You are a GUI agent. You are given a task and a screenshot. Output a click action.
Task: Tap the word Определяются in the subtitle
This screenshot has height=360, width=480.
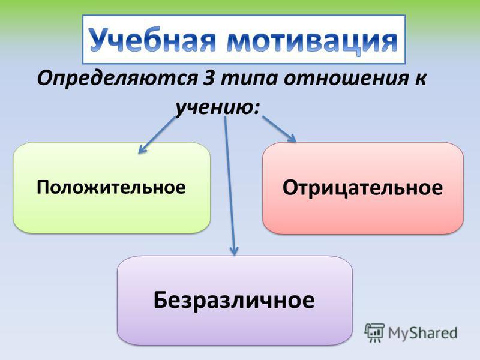pyautogui.click(x=117, y=79)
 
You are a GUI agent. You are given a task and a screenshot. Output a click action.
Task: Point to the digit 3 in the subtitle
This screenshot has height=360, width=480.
pyautogui.click(x=209, y=79)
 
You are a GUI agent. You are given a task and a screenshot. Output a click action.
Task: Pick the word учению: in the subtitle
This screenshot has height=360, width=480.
pyautogui.click(x=217, y=108)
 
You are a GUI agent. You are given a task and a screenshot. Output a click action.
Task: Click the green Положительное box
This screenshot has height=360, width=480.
pyautogui.click(x=112, y=188)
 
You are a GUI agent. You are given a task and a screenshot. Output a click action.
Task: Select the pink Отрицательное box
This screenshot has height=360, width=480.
pyautogui.click(x=363, y=188)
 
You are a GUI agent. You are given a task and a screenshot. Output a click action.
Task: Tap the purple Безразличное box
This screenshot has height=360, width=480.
pyautogui.click(x=235, y=301)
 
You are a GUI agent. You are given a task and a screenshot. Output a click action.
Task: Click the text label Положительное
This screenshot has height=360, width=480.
pyautogui.click(x=111, y=187)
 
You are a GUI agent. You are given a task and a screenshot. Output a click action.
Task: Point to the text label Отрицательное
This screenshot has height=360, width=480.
pyautogui.click(x=362, y=187)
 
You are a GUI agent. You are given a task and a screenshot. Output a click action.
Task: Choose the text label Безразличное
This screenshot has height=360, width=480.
pyautogui.click(x=234, y=299)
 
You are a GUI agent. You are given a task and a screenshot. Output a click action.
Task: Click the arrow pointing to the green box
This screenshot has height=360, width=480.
pyautogui.click(x=157, y=134)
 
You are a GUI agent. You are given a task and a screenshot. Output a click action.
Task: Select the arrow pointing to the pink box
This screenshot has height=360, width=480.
pyautogui.click(x=279, y=129)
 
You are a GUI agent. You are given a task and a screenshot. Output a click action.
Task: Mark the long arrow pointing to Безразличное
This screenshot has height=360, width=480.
pyautogui.click(x=230, y=186)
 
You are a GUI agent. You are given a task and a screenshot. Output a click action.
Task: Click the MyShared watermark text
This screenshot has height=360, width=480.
pyautogui.click(x=422, y=333)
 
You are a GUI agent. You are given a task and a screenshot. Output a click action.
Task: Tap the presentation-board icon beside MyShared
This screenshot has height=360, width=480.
pyautogui.click(x=374, y=332)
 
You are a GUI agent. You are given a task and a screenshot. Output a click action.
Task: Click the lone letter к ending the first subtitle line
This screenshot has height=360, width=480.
pyautogui.click(x=420, y=79)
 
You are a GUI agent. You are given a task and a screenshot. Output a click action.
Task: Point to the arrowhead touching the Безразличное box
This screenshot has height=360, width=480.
pyautogui.click(x=234, y=251)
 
